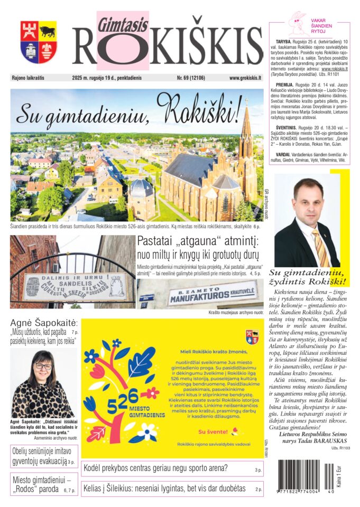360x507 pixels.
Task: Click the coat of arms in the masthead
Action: [39, 42]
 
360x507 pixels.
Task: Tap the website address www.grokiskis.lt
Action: [245, 78]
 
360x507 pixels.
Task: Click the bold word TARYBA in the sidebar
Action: [286, 41]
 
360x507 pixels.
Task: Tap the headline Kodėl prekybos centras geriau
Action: [155, 468]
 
